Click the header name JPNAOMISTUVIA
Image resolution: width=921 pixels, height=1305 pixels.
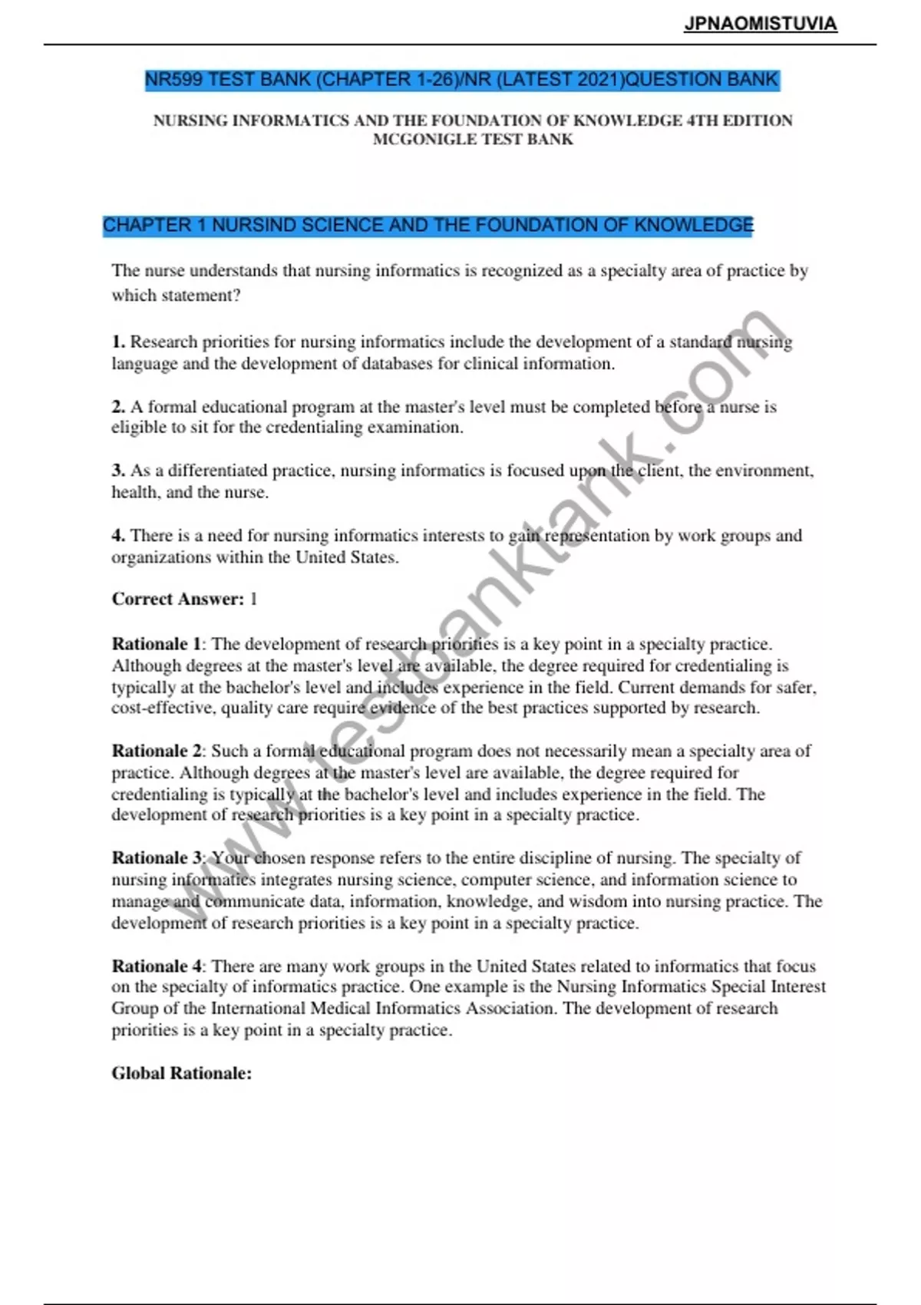coord(760,24)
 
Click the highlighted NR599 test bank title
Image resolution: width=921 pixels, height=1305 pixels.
coord(462,80)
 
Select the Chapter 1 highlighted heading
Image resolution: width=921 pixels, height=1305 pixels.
coord(428,226)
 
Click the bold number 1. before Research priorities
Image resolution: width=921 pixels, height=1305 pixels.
coord(118,342)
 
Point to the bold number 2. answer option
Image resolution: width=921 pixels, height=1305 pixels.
coord(118,407)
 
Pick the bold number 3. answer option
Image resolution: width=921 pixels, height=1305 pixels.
coord(118,471)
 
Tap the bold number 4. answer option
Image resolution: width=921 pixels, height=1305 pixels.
coord(118,536)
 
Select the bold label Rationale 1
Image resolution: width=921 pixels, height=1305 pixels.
coord(157,644)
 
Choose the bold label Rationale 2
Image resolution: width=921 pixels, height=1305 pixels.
coord(157,751)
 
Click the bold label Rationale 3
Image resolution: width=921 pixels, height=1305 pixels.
coord(157,857)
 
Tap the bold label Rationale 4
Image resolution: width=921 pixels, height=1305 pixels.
coord(157,966)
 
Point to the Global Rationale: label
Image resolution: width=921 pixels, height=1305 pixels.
coord(182,1073)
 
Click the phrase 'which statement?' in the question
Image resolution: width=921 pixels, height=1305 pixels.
coord(176,296)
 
